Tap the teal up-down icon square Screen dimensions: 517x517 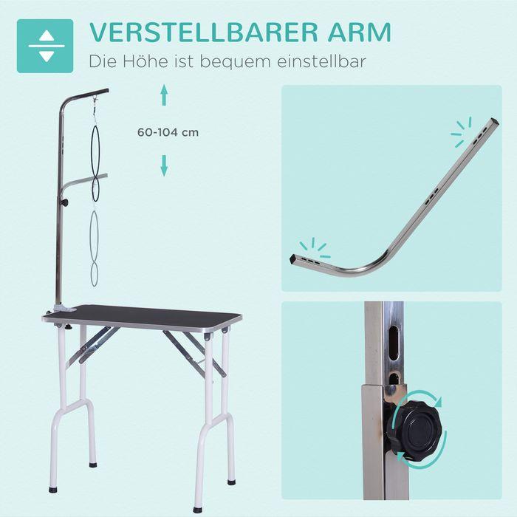45,46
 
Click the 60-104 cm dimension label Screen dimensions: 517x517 168,133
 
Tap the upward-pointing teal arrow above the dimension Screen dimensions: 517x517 165,94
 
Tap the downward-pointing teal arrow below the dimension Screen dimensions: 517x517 165,166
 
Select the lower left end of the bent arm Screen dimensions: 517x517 295,261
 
